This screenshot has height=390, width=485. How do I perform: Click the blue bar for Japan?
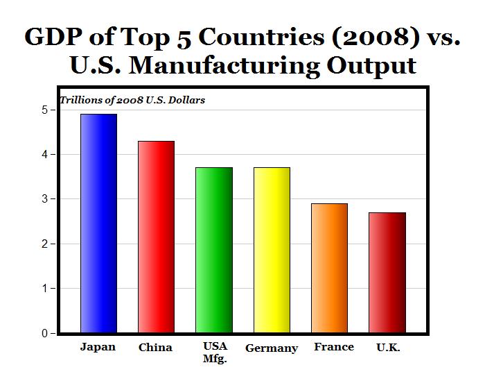(98, 223)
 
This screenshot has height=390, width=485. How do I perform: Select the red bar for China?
(156, 237)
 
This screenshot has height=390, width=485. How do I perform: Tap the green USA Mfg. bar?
(213, 250)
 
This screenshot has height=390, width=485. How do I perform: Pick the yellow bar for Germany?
(272, 250)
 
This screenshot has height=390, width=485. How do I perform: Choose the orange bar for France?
(329, 268)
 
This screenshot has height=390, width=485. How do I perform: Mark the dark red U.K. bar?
(387, 273)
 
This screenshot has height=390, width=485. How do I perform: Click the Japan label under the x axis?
(98, 347)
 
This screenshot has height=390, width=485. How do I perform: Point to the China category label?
(155, 348)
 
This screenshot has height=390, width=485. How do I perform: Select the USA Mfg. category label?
(215, 353)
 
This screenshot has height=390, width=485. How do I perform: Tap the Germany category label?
(272, 348)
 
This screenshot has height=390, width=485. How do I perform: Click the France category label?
(333, 347)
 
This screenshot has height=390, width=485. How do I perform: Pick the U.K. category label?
(388, 348)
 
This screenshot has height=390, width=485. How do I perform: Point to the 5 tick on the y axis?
(44, 110)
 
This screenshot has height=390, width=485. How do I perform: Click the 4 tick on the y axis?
(44, 154)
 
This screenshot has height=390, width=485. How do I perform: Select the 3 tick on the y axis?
(44, 199)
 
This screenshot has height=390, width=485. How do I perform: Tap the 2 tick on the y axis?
(44, 244)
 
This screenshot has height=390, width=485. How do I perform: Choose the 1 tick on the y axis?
(44, 289)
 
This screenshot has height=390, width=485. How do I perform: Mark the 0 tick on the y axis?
(44, 333)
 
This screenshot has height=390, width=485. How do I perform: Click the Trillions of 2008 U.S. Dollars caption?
(132, 100)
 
